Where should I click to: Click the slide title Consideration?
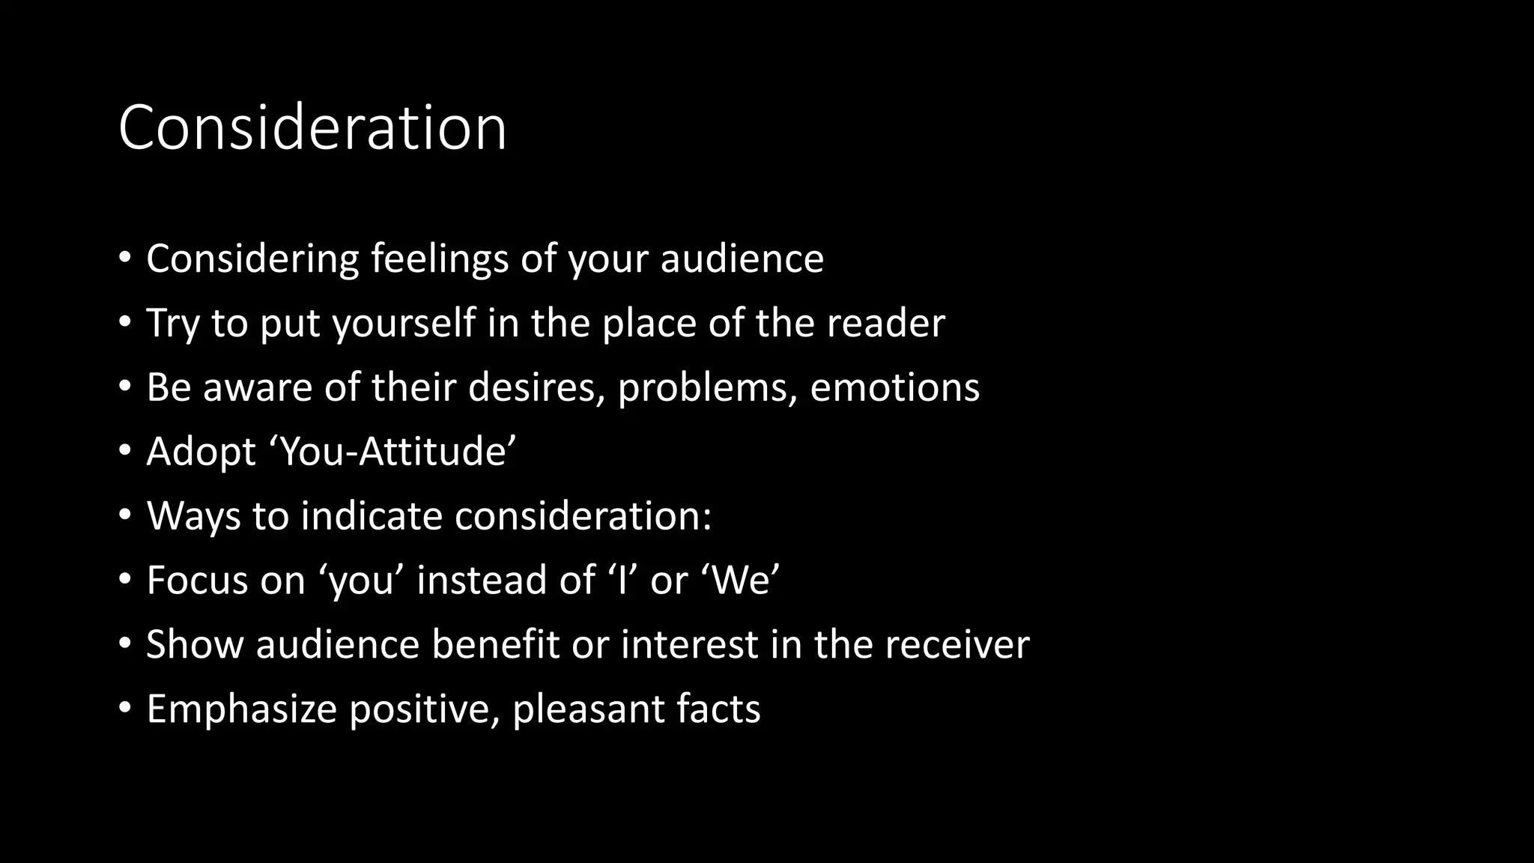coord(312,128)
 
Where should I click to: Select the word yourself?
coord(404,324)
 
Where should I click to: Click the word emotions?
coord(894,388)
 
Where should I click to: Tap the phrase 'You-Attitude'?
coord(398,452)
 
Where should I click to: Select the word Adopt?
coord(201,452)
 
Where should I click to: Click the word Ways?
coord(193,516)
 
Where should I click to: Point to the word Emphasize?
coord(241,709)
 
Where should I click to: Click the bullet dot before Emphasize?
coord(125,708)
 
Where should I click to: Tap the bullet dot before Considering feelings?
coord(125,258)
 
